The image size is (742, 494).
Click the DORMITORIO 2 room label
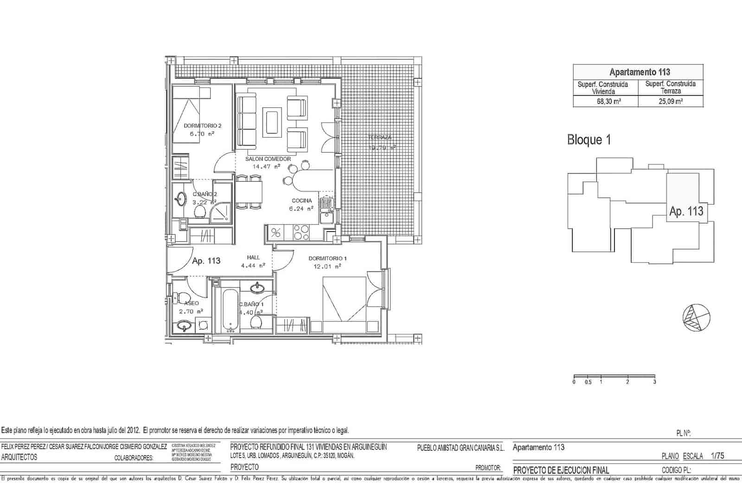pyautogui.click(x=202, y=126)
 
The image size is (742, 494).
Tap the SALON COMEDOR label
pyautogui.click(x=268, y=159)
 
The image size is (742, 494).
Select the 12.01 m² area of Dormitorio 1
pyautogui.click(x=327, y=266)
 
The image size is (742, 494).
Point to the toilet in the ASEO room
pyautogui.click(x=181, y=296)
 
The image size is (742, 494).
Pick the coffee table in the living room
pyautogui.click(x=272, y=122)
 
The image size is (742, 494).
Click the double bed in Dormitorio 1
pyautogui.click(x=344, y=304)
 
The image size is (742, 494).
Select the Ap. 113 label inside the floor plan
pyautogui.click(x=206, y=261)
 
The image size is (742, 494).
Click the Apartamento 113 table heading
pyautogui.click(x=639, y=72)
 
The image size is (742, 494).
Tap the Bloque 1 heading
pyautogui.click(x=588, y=140)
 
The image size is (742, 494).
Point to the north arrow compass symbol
pyautogui.click(x=696, y=317)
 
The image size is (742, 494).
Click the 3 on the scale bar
pyautogui.click(x=654, y=382)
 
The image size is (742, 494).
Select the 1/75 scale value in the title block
pyautogui.click(x=717, y=456)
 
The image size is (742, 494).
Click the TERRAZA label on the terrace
pyautogui.click(x=380, y=137)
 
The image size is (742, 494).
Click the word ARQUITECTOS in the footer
pyautogui.click(x=19, y=457)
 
